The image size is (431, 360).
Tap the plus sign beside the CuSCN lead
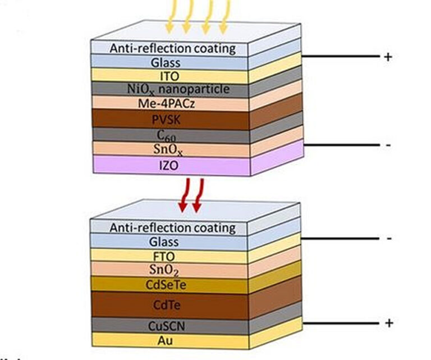(389, 323)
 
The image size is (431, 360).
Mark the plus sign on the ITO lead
(388, 57)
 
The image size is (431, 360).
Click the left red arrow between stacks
(183, 197)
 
